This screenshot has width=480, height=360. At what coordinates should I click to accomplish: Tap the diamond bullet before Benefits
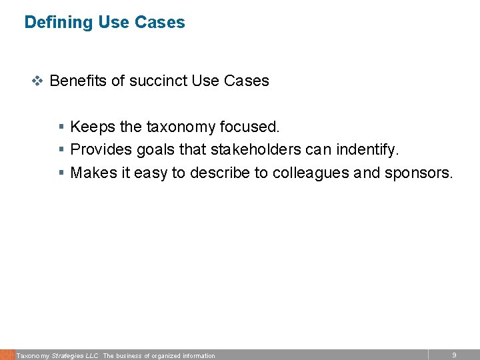pos(38,81)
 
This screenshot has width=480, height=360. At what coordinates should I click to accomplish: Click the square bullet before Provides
pos(61,150)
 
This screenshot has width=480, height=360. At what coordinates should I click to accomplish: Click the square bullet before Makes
pos(61,173)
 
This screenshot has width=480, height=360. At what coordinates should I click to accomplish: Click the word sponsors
pos(418,173)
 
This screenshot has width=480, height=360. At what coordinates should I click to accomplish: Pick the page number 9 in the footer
pos(454,355)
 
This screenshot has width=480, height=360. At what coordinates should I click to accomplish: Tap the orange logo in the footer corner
pos(7,355)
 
